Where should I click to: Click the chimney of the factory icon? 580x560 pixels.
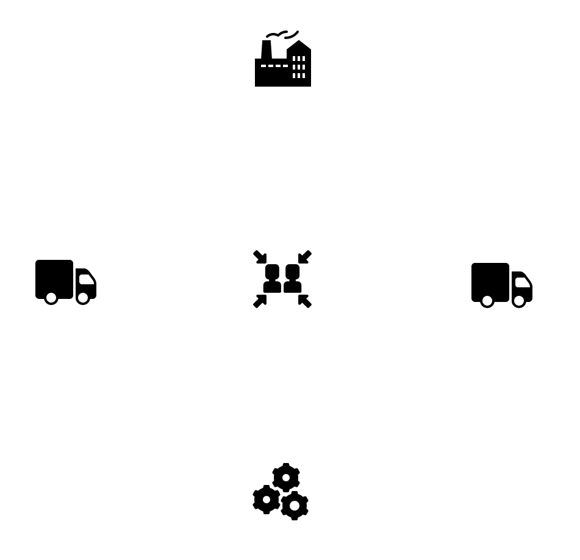tap(267, 49)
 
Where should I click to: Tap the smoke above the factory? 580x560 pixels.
tap(282, 35)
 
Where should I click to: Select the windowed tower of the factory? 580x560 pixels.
tap(299, 66)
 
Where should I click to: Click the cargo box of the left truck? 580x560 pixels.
tap(54, 278)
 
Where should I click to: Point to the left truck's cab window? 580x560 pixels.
tap(87, 279)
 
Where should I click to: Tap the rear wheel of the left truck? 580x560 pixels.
tap(51, 298)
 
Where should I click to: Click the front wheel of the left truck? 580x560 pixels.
tap(83, 298)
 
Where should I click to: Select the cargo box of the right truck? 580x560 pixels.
tap(490, 281)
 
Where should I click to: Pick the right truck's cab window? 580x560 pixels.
tap(523, 282)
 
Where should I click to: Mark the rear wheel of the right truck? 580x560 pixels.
tap(487, 301)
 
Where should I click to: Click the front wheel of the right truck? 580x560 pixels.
tap(519, 301)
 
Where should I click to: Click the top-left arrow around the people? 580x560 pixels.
tap(260, 257)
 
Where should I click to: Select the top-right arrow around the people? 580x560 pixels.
tap(304, 257)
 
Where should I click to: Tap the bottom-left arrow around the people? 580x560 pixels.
tap(260, 301)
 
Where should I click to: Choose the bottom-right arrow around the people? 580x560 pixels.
tap(304, 301)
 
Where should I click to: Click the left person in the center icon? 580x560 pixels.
tap(272, 279)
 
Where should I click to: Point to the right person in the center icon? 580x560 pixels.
tap(293, 279)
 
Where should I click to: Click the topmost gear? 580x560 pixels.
tap(285, 478)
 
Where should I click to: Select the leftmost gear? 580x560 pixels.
tap(267, 500)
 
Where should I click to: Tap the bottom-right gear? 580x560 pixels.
tap(295, 506)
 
